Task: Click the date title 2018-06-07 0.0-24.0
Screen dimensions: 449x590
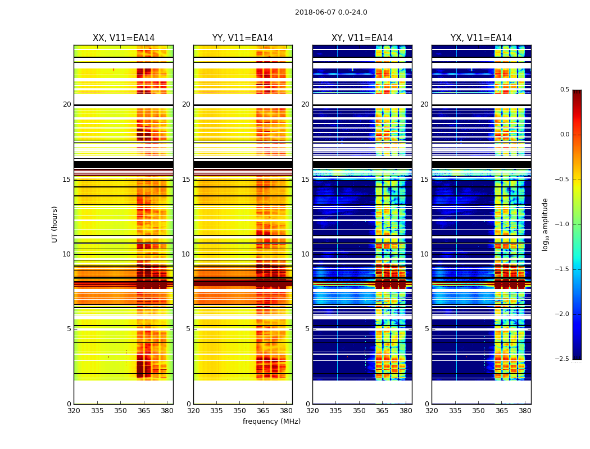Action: pos(331,12)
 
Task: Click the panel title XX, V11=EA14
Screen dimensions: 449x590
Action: pos(124,38)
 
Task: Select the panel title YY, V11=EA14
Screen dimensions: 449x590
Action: pos(243,38)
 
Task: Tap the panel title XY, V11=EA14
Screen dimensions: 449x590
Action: pos(362,38)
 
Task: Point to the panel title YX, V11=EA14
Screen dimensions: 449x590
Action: pos(481,38)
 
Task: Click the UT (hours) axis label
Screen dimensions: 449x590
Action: pos(55,224)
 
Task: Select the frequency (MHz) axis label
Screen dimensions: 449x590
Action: pos(271,421)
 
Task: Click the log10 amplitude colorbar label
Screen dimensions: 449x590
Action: pos(545,224)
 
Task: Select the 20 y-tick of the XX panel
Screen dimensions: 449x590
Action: pos(67,104)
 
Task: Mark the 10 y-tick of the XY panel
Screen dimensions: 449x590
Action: pos(305,254)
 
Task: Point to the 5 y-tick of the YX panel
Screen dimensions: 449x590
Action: pos(426,329)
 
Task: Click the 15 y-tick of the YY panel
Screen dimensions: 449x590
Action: pos(186,180)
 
